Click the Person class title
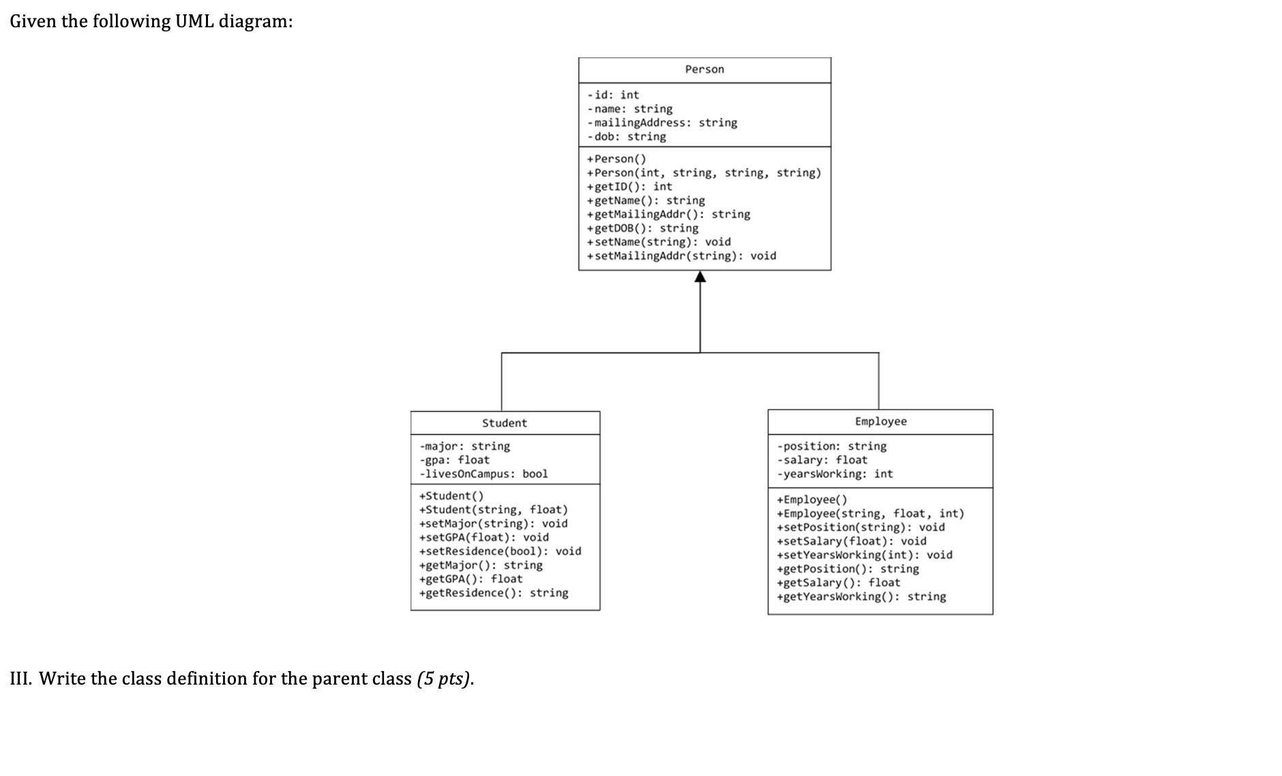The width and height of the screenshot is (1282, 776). click(704, 70)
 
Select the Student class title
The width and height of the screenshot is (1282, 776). click(505, 423)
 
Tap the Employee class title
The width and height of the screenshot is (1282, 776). click(880, 421)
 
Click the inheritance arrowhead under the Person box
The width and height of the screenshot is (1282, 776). click(700, 276)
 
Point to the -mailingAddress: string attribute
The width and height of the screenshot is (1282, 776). click(662, 123)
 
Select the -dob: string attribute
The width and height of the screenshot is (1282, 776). click(627, 136)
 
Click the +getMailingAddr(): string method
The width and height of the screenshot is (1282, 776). click(668, 214)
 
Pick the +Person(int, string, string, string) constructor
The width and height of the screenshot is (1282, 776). click(704, 173)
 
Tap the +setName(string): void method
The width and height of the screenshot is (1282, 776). click(659, 241)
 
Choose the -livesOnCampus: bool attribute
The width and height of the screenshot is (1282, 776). click(483, 473)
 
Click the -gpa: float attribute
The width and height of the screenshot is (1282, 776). click(454, 460)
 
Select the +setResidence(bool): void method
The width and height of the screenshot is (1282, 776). click(500, 551)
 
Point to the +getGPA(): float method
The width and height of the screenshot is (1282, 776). click(471, 579)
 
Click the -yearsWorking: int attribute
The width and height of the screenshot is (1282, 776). click(835, 473)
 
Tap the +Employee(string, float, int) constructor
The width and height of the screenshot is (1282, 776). click(870, 513)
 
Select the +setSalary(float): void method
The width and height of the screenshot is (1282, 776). click(851, 541)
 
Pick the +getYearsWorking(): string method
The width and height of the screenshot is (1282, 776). click(861, 597)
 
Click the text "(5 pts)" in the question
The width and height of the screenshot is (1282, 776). click(444, 679)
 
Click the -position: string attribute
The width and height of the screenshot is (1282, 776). click(831, 446)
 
